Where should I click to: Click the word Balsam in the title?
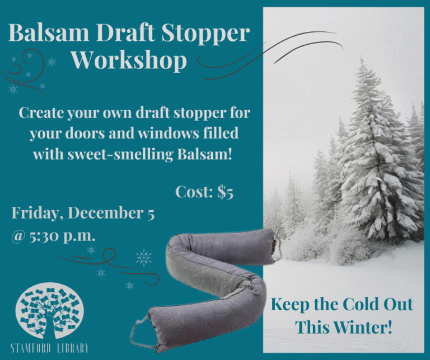49,32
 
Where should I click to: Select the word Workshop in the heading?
129,61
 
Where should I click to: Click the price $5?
225,192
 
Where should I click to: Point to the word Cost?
194,191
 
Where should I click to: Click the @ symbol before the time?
18,236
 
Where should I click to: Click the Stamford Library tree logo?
49,310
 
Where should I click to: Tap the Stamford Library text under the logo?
50,348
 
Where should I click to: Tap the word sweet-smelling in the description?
121,155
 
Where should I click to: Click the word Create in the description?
41,112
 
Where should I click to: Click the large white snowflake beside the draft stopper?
144,258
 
